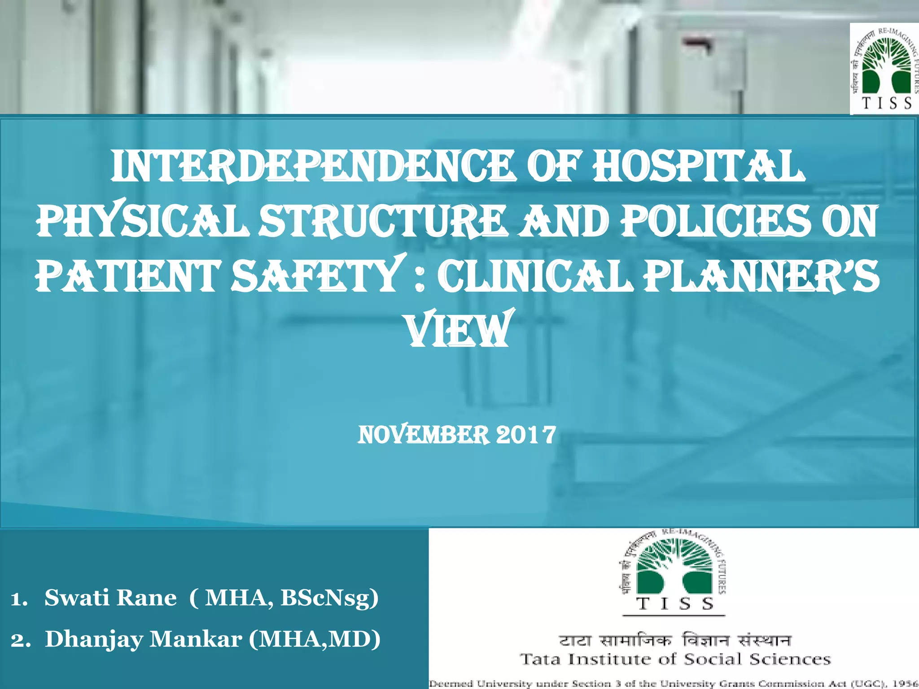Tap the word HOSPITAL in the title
[698, 167]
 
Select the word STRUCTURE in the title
[384, 222]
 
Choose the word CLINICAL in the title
[534, 276]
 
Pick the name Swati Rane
[110, 598]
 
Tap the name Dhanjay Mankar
[144, 639]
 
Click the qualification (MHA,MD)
[315, 639]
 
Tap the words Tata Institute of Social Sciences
[675, 659]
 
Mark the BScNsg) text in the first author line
[330, 598]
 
